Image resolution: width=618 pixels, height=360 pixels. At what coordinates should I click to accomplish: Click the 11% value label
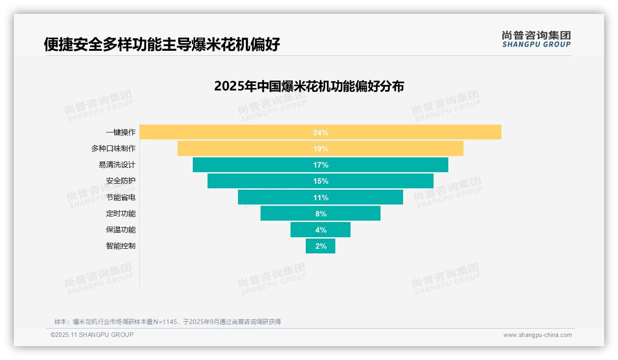[x=321, y=198]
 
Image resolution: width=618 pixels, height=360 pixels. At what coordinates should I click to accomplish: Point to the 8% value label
[x=321, y=214]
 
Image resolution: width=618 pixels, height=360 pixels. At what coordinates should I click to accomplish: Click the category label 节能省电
[x=121, y=197]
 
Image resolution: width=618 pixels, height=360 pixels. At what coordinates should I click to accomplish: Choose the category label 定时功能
[x=121, y=213]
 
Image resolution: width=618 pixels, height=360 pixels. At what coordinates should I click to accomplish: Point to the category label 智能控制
[x=121, y=246]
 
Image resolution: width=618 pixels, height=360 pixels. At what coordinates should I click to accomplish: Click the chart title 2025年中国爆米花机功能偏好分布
[x=309, y=86]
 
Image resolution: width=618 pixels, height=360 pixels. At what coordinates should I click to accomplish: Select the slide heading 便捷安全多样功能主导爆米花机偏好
[x=162, y=44]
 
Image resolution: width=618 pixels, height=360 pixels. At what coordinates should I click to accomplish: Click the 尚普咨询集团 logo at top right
[x=536, y=39]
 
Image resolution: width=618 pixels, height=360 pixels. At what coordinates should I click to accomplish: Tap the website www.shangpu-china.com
[x=537, y=335]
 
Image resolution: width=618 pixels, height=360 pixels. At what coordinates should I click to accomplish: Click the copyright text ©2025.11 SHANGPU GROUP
[x=92, y=335]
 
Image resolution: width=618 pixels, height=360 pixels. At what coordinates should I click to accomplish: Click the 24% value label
[x=321, y=132]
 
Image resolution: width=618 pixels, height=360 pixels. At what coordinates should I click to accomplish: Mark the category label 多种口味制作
[x=113, y=149]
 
